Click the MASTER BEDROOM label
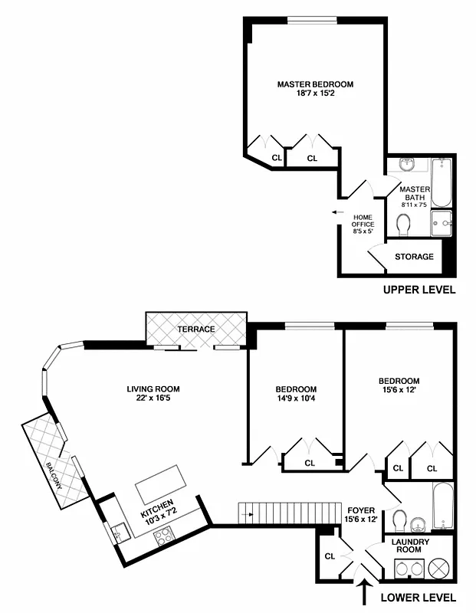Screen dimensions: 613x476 [315, 84]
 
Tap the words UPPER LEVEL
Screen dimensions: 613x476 [419, 290]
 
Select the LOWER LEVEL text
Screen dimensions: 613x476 [419, 597]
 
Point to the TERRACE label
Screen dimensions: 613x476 [197, 329]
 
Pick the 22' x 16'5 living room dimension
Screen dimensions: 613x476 [153, 399]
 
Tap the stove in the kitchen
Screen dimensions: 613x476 [163, 536]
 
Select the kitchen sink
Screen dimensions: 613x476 [119, 529]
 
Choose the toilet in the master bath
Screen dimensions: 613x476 [404, 224]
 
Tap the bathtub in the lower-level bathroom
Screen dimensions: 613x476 [443, 505]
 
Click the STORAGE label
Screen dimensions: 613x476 [414, 257]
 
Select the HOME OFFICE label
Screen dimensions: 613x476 [362, 221]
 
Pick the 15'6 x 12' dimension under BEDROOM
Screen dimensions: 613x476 [399, 392]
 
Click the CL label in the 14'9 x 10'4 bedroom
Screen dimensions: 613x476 [310, 462]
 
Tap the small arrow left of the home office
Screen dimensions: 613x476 [336, 212]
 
